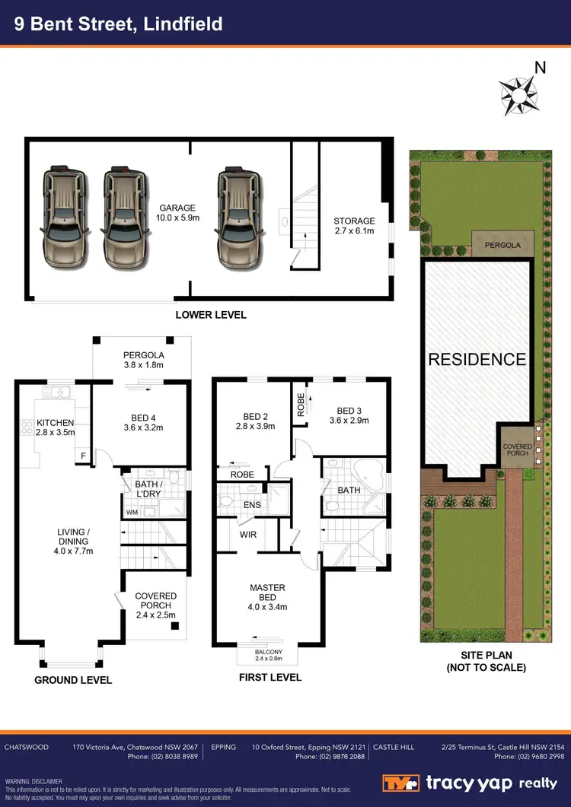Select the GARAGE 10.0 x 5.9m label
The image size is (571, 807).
177,213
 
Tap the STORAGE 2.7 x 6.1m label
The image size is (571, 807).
354,227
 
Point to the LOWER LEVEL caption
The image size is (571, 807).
211,315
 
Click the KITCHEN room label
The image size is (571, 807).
55,427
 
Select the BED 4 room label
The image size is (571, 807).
138,422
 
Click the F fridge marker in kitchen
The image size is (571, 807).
83,456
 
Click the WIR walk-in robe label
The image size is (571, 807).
247,535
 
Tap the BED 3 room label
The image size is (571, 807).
349,415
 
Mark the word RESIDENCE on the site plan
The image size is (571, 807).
477,360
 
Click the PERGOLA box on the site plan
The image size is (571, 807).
502,246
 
